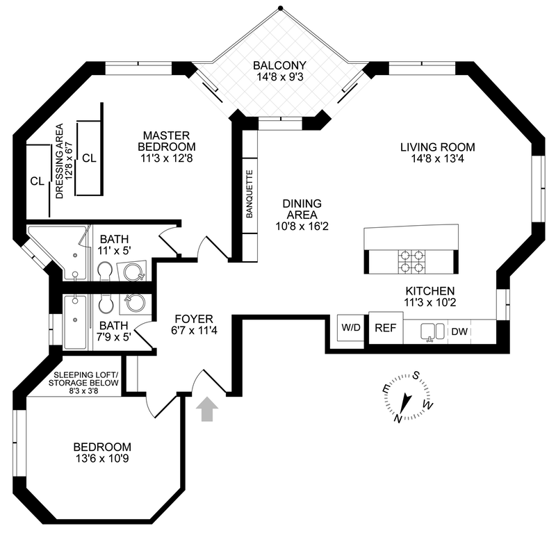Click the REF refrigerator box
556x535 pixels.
(x=386, y=327)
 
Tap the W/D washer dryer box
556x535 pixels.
(x=351, y=327)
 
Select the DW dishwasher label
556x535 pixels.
(x=459, y=332)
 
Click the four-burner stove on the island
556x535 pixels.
(x=411, y=262)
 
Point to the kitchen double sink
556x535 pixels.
(x=432, y=332)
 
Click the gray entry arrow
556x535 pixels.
(x=207, y=409)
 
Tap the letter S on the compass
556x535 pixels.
(x=417, y=375)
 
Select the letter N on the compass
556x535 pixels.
(x=398, y=418)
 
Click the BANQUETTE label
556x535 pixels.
(x=250, y=194)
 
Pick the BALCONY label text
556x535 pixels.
(x=279, y=65)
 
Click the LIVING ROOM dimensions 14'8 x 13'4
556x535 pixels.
(x=438, y=158)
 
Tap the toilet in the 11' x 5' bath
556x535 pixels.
(x=104, y=271)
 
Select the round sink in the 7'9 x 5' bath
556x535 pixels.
(x=133, y=302)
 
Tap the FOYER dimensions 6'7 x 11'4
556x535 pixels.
(x=194, y=331)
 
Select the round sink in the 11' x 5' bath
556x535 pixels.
(x=133, y=271)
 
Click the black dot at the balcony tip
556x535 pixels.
(x=281, y=8)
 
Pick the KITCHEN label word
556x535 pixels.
(x=430, y=291)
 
